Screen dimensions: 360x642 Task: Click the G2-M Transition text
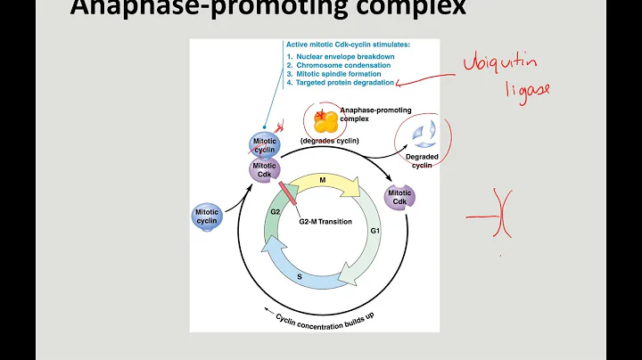326,221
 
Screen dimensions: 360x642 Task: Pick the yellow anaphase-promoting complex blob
325,120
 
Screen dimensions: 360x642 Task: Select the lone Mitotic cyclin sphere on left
206,217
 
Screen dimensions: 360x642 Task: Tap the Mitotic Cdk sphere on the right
399,198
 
